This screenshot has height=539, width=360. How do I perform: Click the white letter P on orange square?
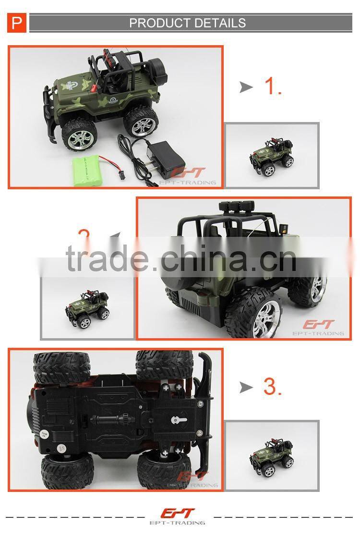17,23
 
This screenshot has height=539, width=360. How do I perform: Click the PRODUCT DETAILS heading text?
187,23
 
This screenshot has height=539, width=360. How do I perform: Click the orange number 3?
272,387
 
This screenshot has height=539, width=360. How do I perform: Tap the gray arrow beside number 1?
246,87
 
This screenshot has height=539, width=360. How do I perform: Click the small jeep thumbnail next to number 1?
272,155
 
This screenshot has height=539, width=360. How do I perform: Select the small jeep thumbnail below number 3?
272,455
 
